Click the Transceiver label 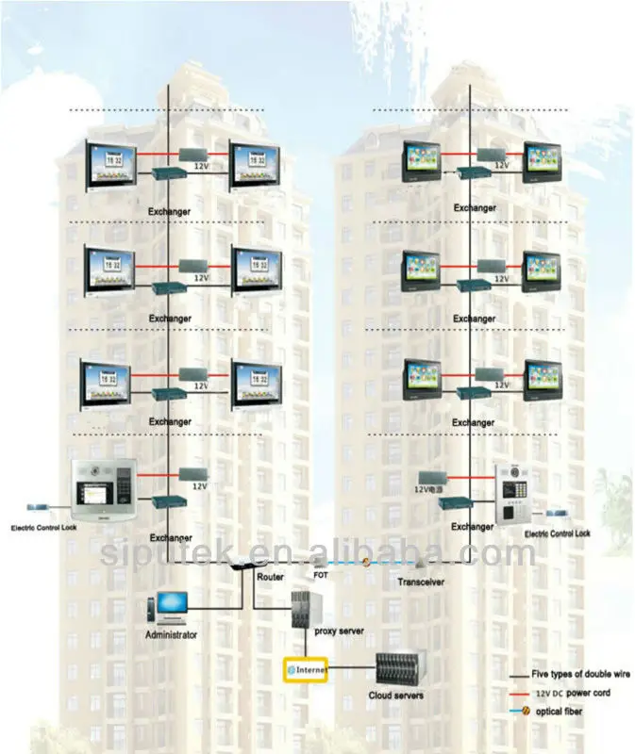coord(419,582)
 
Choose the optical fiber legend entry coord(561,711)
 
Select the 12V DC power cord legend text coord(573,693)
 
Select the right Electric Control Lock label coord(557,533)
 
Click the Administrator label coord(171,635)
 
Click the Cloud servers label coord(395,696)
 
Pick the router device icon coord(243,565)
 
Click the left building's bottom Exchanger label coord(171,537)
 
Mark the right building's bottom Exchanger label coord(474,527)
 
